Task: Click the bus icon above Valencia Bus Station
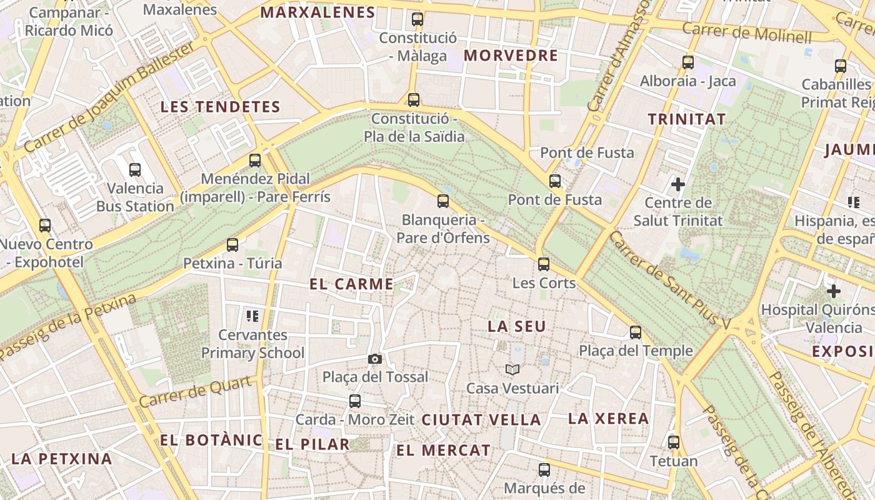click(135, 169)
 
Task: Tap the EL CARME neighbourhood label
click(352, 284)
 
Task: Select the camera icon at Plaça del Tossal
click(375, 359)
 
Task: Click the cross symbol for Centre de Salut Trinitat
click(678, 184)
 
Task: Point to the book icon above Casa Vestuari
click(512, 370)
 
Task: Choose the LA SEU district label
click(517, 326)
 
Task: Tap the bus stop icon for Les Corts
click(544, 264)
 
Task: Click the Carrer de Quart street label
click(198, 392)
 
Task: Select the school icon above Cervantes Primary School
click(252, 316)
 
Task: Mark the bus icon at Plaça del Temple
click(636, 332)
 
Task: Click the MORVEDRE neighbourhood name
click(511, 56)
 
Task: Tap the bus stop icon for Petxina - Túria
click(232, 245)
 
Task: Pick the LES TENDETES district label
click(220, 107)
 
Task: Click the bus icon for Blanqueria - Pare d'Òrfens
click(443, 201)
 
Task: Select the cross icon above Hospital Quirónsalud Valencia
click(833, 291)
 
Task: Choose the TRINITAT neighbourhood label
click(687, 119)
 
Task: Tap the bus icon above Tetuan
click(674, 442)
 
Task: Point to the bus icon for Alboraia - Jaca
click(688, 62)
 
